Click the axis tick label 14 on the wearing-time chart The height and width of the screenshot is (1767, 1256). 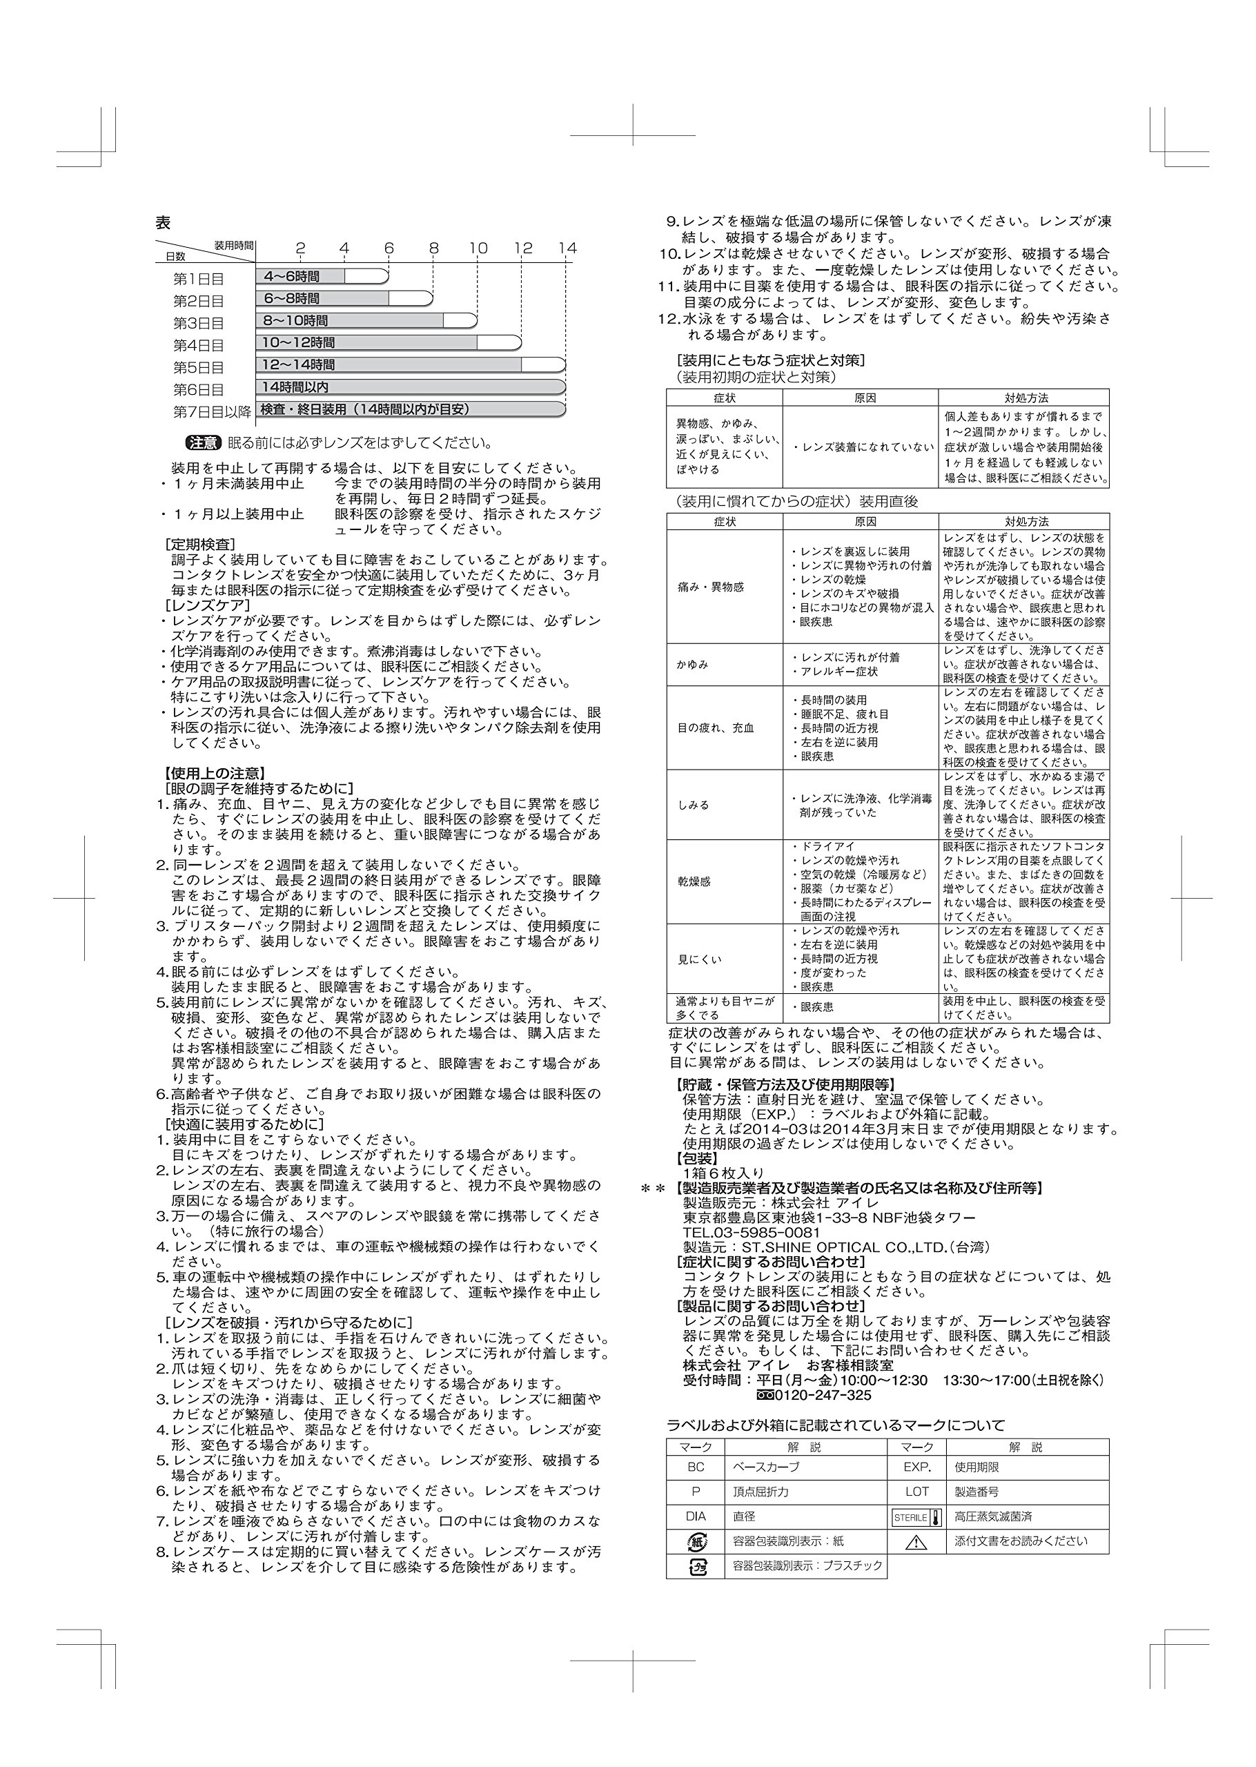point(568,248)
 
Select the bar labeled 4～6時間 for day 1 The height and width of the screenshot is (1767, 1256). point(321,276)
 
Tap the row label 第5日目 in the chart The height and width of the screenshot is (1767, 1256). point(198,367)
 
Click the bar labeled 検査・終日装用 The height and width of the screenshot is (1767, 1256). point(410,409)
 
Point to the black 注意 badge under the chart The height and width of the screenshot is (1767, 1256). point(204,443)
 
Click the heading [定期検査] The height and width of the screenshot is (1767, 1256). point(200,545)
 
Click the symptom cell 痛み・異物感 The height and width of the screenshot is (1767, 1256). point(710,587)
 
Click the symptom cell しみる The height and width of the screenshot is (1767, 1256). point(693,804)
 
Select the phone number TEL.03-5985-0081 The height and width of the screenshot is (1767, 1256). point(751,1233)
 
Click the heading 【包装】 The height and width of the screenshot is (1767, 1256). point(697,1158)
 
